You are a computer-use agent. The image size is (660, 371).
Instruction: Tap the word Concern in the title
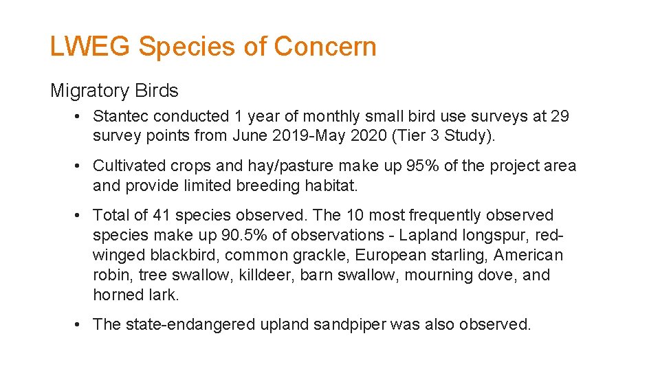pyautogui.click(x=325, y=47)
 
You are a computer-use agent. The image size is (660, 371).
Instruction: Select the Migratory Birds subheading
pyautogui.click(x=114, y=91)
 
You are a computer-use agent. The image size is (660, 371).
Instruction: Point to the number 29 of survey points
pyautogui.click(x=560, y=116)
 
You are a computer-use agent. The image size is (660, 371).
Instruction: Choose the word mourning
pyautogui.click(x=438, y=276)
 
